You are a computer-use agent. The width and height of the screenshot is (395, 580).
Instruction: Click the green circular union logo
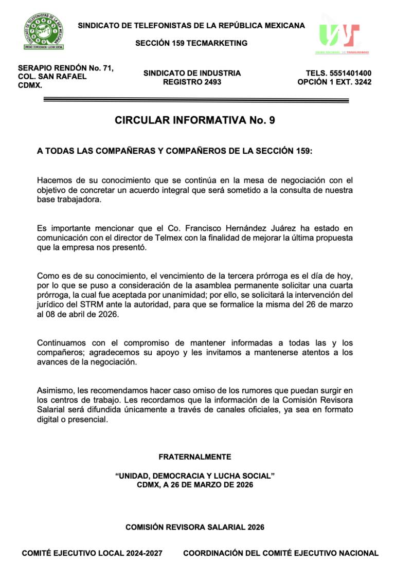coord(44,32)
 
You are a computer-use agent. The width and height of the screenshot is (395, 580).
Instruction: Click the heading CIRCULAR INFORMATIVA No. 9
coord(195,121)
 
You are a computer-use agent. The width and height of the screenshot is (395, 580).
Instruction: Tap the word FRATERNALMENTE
coord(195,457)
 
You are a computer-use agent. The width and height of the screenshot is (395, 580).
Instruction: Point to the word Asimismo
coord(55,390)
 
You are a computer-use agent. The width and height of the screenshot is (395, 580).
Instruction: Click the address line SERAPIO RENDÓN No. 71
coord(65,68)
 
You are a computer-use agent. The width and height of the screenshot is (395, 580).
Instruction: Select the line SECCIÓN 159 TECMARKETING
coord(191,43)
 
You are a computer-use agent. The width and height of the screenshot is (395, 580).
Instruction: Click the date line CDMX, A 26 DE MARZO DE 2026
coord(195,485)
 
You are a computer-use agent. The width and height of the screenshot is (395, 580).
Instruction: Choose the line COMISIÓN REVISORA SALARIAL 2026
coord(195,527)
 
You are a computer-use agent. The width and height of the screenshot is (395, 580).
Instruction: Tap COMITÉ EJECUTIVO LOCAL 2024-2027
coord(92,553)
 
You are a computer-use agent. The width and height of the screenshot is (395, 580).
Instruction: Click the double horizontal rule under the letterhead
coord(195,99)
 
